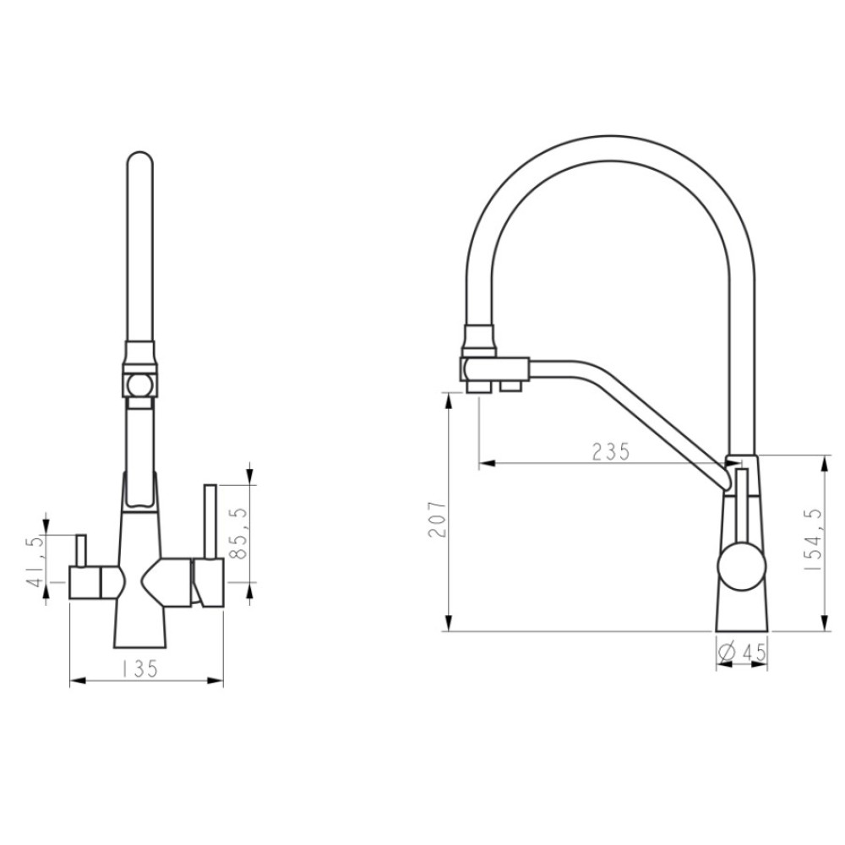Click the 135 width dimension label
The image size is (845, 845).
[139, 669]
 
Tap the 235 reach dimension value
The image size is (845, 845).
[611, 451]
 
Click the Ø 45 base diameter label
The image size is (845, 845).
[743, 652]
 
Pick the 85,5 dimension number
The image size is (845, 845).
[240, 533]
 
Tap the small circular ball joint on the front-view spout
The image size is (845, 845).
[139, 386]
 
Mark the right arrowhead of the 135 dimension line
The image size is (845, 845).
[215, 681]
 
